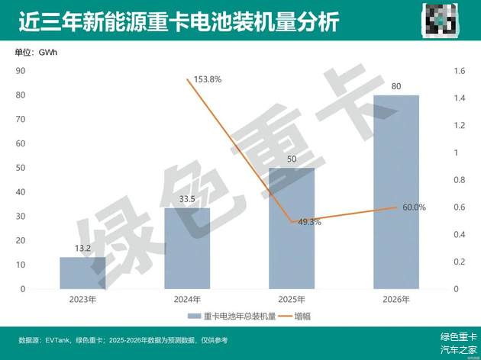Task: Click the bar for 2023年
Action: click(82, 273)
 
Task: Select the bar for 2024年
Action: click(187, 249)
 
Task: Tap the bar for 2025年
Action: click(292, 229)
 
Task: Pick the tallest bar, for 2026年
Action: click(395, 192)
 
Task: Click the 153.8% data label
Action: click(207, 79)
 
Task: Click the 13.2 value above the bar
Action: click(82, 248)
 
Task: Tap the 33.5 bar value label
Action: click(187, 199)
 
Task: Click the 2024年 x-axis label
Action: click(187, 300)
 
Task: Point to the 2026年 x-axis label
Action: click(395, 300)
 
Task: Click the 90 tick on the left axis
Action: click(21, 71)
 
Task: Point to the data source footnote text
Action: click(122, 340)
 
